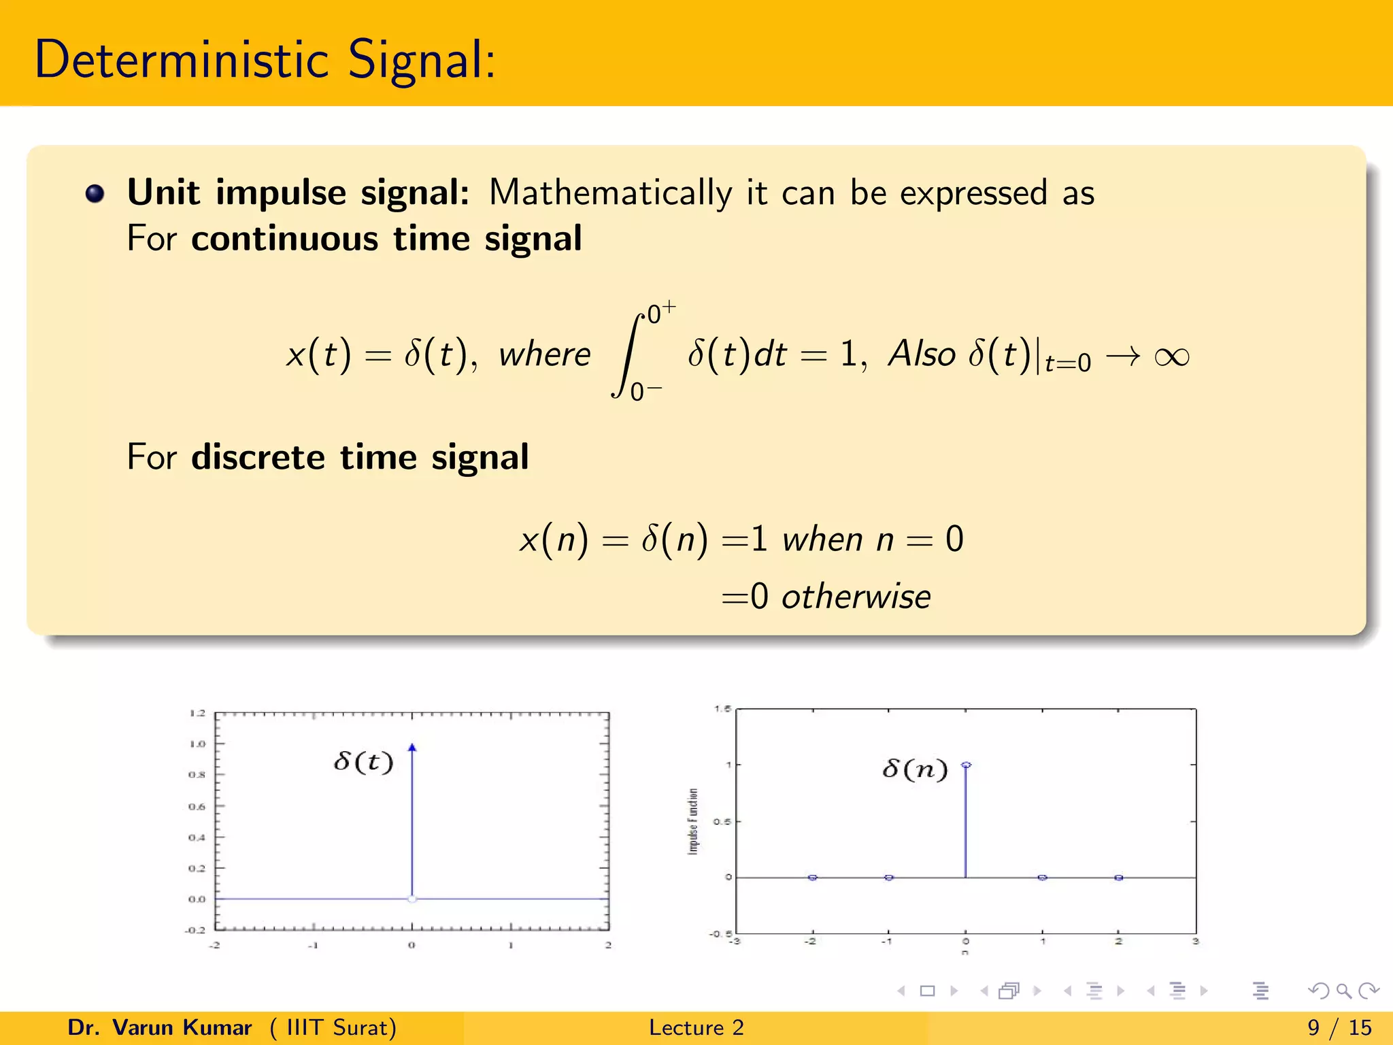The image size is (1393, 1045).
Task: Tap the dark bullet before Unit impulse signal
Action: (x=95, y=194)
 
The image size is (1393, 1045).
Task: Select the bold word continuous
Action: (x=284, y=239)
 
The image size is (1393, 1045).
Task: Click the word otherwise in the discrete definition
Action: (x=856, y=597)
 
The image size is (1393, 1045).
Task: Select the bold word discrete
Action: (x=258, y=457)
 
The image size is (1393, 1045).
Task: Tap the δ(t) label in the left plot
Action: (x=364, y=761)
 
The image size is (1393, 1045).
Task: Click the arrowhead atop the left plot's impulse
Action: (x=412, y=748)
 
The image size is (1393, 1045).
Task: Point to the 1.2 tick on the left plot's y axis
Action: (x=197, y=713)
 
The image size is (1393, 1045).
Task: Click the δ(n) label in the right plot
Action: (x=915, y=769)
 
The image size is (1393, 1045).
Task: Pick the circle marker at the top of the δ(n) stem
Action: (x=967, y=765)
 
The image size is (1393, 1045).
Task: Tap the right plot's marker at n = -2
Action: (x=812, y=878)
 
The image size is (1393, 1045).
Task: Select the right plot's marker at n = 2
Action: (x=1119, y=878)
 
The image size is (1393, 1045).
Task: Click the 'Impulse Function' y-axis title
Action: (x=693, y=821)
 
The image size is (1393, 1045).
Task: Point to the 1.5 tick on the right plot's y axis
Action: (x=722, y=709)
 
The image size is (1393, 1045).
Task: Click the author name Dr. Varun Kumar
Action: (x=160, y=1027)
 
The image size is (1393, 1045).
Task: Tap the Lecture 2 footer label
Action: (x=696, y=1027)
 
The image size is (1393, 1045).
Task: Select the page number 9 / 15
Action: (x=1339, y=1027)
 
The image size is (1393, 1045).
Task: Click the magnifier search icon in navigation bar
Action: (x=1344, y=991)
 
